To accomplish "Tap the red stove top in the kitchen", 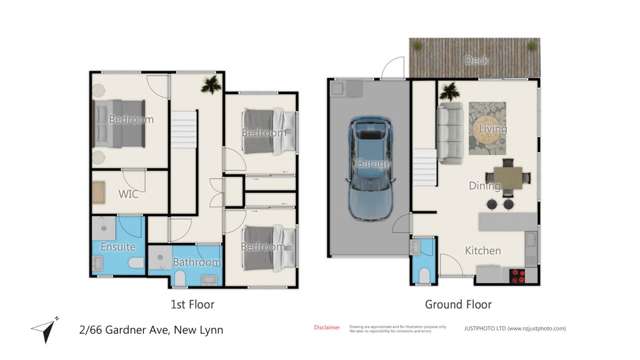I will pos(518,275).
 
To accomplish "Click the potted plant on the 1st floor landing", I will pos(211,86).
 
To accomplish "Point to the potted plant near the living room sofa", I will pos(450,91).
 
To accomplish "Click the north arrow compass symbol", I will pos(40,328).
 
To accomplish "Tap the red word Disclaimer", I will pos(327,327).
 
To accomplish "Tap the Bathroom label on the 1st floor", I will pos(195,263).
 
